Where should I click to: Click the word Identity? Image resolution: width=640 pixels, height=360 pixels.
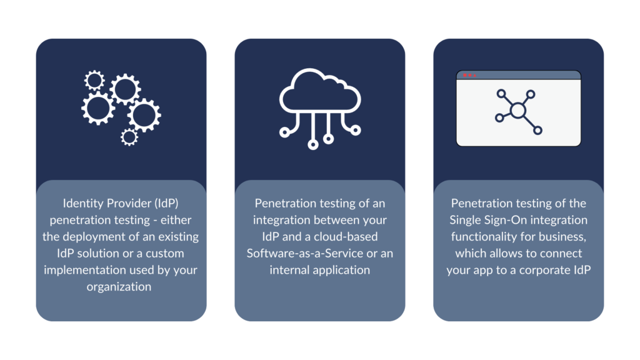[81, 203]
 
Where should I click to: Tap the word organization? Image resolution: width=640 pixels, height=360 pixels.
[119, 286]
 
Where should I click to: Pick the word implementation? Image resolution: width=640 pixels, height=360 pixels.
[83, 270]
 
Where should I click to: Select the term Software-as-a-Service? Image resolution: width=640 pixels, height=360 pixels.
[305, 254]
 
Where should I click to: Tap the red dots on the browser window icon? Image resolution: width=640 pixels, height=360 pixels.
[469, 75]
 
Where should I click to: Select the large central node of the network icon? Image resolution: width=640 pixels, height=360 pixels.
[518, 110]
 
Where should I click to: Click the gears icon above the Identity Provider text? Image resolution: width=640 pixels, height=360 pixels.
[121, 107]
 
